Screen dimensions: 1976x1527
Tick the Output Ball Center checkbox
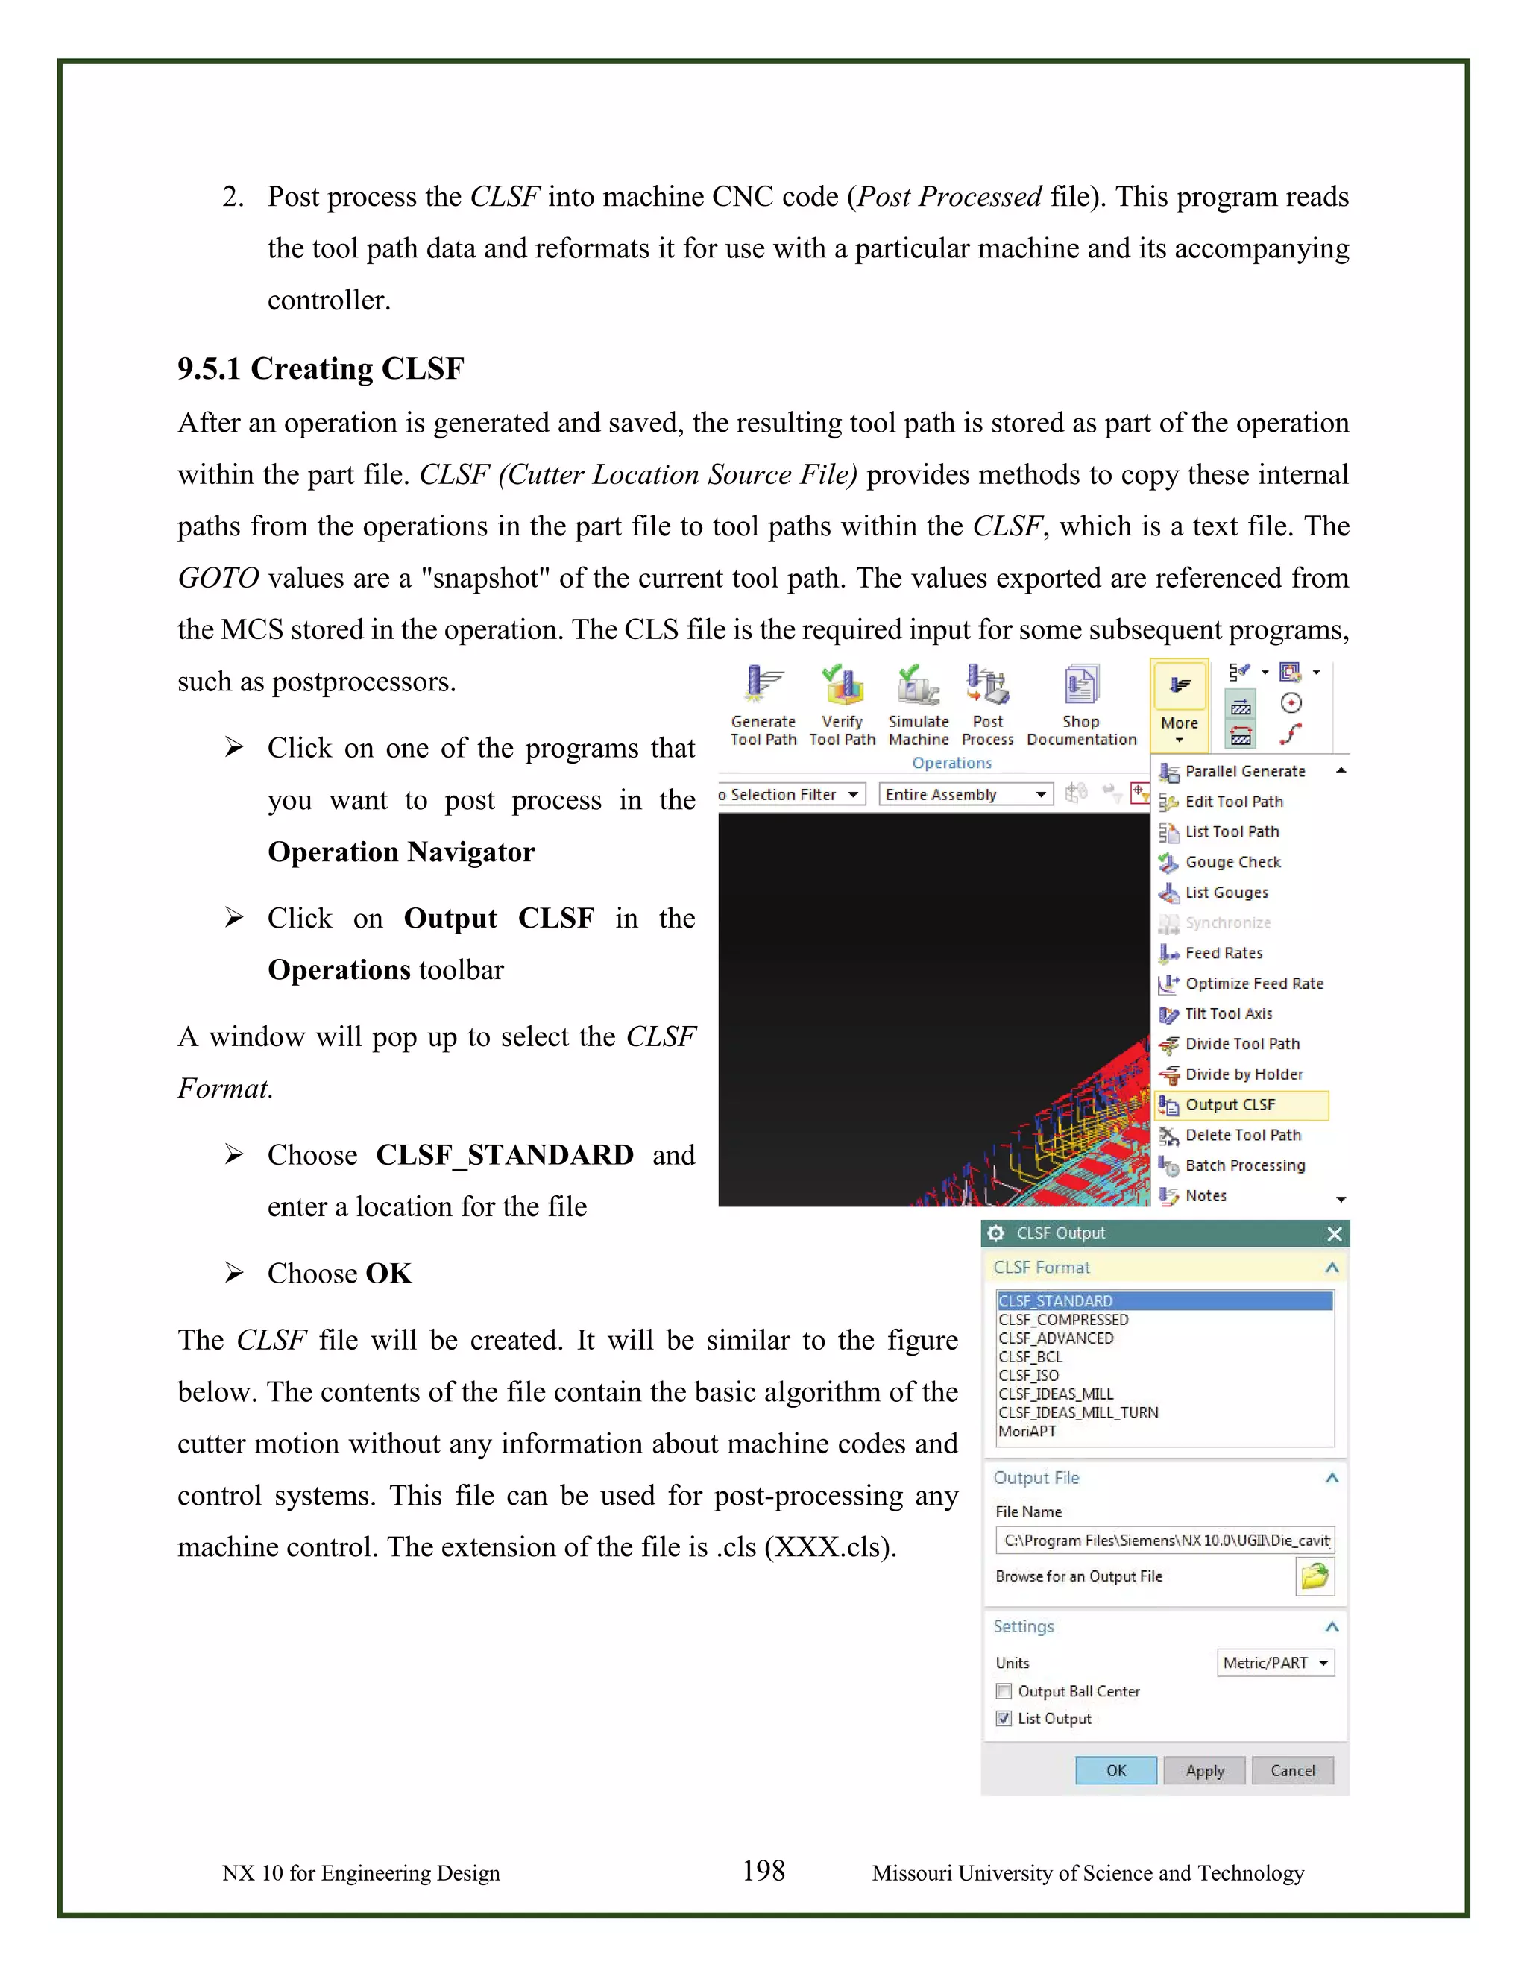point(1004,1691)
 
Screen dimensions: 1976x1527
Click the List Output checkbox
point(1004,1718)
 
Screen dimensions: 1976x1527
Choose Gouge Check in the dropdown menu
point(1232,862)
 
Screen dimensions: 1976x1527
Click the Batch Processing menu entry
point(1244,1165)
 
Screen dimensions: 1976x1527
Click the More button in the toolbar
point(1179,705)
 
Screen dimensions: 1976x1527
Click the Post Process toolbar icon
point(987,705)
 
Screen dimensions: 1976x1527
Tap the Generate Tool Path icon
point(763,705)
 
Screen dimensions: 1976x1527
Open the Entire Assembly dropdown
point(966,794)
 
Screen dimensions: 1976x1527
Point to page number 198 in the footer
point(763,1870)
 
